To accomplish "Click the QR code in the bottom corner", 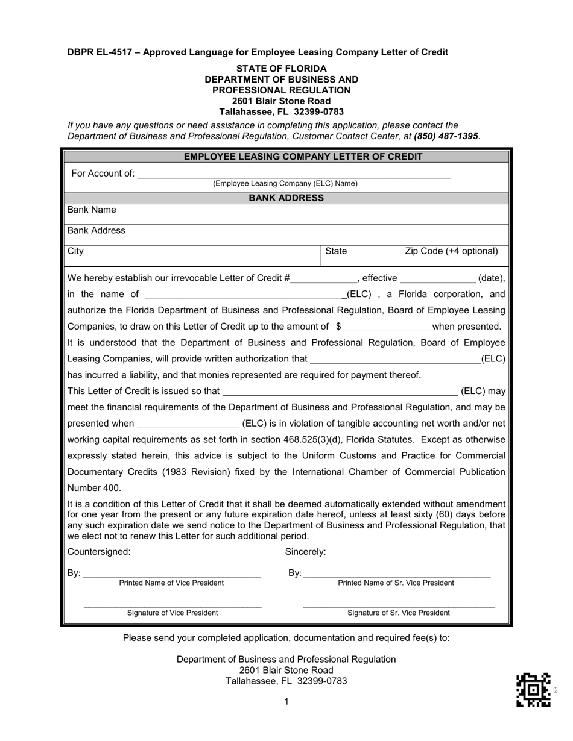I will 533,690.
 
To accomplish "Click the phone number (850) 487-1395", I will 447,136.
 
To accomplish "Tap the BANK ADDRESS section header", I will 286,198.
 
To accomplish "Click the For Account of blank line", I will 294,175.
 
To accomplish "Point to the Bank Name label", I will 92,210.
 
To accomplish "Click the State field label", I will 336,251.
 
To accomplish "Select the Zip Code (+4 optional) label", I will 452,251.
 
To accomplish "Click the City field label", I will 75,251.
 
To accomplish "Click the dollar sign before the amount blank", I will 338,327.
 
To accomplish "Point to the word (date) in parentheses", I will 491,278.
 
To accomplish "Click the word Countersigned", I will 99,551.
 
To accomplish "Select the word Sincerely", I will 305,551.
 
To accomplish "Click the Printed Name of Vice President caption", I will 171,583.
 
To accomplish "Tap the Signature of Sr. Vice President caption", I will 398,613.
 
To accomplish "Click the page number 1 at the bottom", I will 286,701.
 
